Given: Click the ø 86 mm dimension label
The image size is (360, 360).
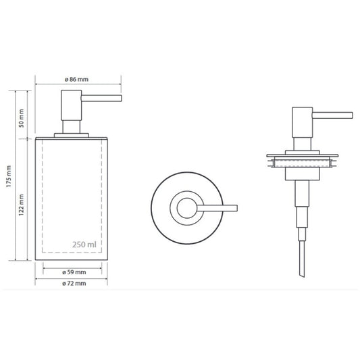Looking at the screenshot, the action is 76,80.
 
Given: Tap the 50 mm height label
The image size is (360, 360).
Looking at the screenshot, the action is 21,118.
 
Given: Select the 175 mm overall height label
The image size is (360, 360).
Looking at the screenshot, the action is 9,176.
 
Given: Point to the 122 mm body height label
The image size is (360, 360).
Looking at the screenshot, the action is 21,205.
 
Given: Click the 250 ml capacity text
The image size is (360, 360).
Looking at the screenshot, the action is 84,245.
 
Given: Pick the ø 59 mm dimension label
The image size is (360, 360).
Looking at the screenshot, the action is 74,272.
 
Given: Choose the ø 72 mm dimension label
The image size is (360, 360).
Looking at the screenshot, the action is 74,284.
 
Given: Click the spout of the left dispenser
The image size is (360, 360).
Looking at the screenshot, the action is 101,98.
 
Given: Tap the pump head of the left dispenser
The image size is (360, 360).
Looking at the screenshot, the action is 72,105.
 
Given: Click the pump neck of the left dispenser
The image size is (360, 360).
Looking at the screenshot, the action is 72,127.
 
